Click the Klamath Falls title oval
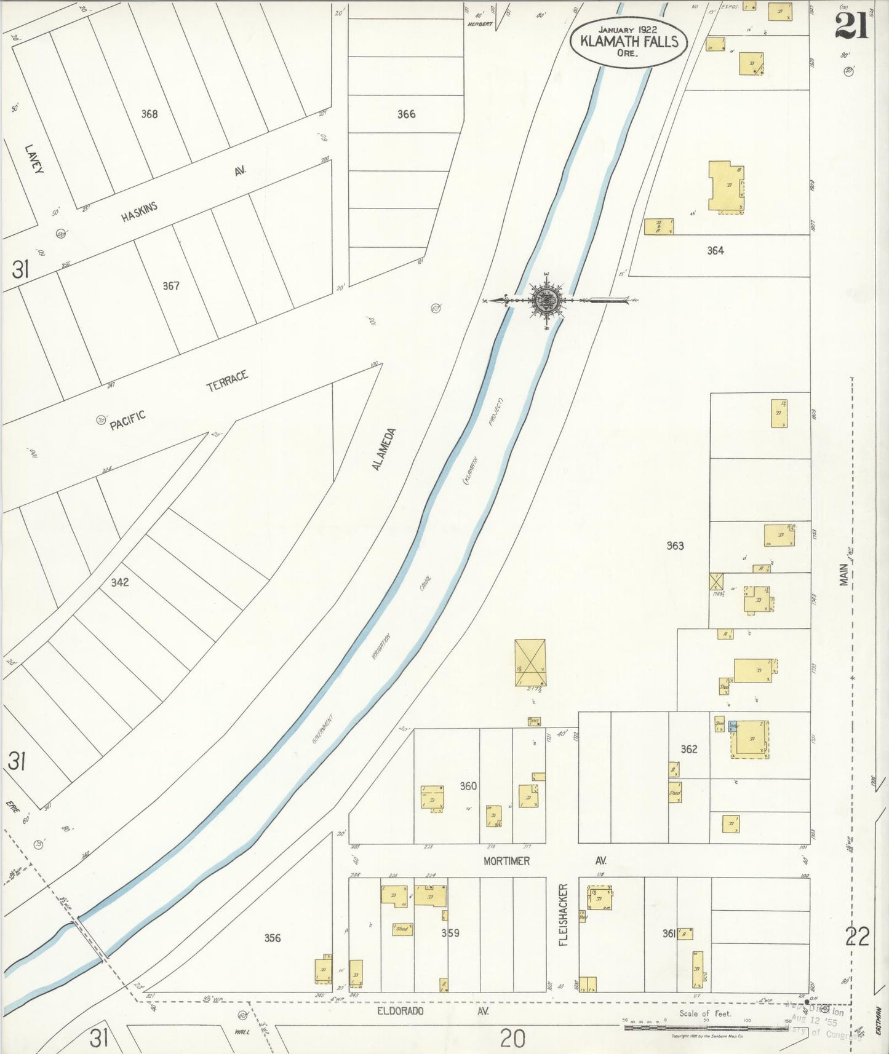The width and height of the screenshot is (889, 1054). point(628,42)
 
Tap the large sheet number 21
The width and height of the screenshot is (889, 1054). point(851,26)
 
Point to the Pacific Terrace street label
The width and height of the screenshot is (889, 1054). point(179,400)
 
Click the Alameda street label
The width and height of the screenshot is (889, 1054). point(385,450)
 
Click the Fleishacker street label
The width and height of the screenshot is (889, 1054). point(564,914)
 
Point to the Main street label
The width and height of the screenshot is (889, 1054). point(844,575)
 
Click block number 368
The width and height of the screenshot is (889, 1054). point(149,114)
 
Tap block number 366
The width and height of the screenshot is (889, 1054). point(406,114)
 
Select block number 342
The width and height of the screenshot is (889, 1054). point(120,582)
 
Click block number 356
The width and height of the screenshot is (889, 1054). point(273,938)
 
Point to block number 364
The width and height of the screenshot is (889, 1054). point(715,250)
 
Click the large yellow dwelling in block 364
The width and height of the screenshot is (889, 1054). point(726,186)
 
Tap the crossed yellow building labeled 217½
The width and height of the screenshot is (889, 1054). point(530,662)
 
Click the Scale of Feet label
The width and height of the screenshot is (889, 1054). point(705,1013)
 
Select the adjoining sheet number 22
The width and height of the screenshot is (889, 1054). point(856,937)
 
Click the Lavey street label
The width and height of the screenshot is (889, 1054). point(34,159)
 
